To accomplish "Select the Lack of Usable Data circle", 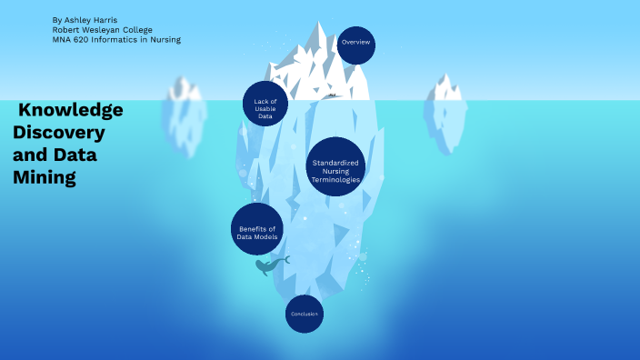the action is click(265, 105).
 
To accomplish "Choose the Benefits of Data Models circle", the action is click(255, 229).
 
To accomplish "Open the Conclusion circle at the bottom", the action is click(304, 315).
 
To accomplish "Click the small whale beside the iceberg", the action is click(270, 265).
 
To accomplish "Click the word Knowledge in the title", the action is click(71, 110).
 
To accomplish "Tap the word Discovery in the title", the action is click(59, 133).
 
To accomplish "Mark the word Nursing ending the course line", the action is click(166, 39).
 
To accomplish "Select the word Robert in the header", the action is click(66, 29).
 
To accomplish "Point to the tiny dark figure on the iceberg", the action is click(333, 95).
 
